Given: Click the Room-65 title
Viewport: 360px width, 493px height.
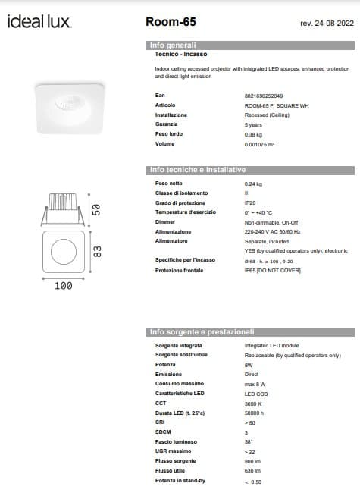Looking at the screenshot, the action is pyautogui.click(x=167, y=23).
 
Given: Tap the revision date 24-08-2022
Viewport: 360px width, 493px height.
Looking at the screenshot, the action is pyautogui.click(x=327, y=24).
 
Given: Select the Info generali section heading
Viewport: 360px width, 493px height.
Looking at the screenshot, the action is pyautogui.click(x=173, y=46).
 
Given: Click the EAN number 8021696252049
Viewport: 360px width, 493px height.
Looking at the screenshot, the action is pyautogui.click(x=264, y=97).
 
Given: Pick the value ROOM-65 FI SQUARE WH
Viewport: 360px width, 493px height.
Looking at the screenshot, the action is pyautogui.click(x=272, y=106).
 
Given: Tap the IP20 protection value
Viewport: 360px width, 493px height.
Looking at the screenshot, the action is pyautogui.click(x=249, y=204).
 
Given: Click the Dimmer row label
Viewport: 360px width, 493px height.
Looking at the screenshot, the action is pyautogui.click(x=164, y=222).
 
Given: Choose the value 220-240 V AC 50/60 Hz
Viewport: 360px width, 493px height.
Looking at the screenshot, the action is pyautogui.click(x=272, y=231).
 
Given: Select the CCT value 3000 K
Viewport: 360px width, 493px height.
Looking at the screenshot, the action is pyautogui.click(x=253, y=403).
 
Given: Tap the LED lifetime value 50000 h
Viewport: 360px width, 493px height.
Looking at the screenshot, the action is pyautogui.click(x=254, y=413).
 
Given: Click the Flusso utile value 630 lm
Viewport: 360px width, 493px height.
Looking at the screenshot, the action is pyautogui.click(x=252, y=471).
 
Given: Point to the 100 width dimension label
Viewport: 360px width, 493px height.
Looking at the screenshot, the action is pyautogui.click(x=64, y=286).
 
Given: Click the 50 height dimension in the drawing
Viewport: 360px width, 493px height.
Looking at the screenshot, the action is pyautogui.click(x=96, y=210).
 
